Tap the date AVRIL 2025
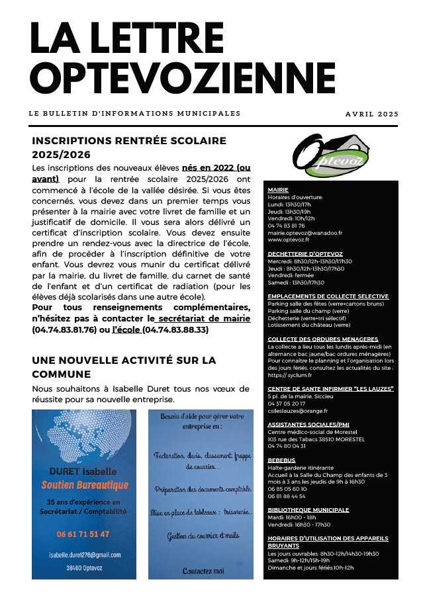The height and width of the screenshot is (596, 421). pyautogui.click(x=371, y=114)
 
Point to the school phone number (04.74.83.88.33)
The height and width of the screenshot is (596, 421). pyautogui.click(x=175, y=329)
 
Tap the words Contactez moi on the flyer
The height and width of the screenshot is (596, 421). pyautogui.click(x=204, y=570)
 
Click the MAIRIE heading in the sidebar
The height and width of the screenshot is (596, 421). pyautogui.click(x=277, y=190)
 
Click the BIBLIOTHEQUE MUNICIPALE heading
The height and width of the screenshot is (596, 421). pyautogui.click(x=308, y=510)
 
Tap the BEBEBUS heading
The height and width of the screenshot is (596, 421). pyautogui.click(x=281, y=460)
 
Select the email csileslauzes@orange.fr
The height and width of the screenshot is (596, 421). pyautogui.click(x=299, y=411)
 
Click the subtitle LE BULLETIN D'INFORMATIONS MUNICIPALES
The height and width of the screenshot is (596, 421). pyautogui.click(x=134, y=114)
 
